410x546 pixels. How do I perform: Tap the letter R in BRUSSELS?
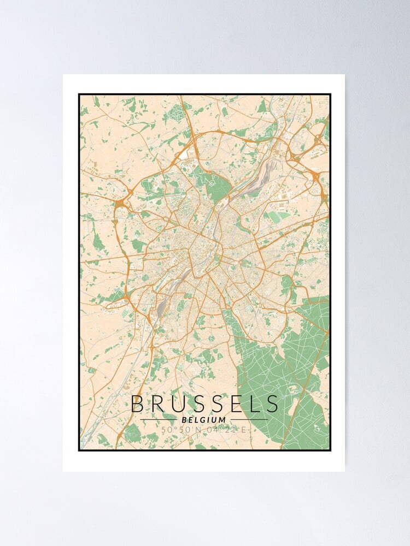coord(161,404)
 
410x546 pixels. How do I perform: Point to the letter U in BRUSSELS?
coord(183,404)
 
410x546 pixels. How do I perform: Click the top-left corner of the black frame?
coord(79,94)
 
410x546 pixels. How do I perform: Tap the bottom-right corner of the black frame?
coord(331,450)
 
